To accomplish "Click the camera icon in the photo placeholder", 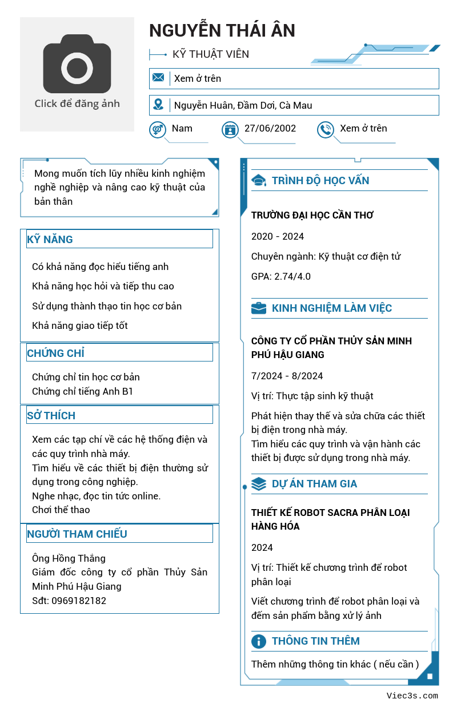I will tap(77, 67).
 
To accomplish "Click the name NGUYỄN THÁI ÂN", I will tap(222, 30).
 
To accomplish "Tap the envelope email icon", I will tap(158, 78).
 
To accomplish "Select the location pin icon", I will tap(158, 105).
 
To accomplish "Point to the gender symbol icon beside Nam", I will tap(157, 130).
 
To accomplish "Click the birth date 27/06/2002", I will tap(270, 128).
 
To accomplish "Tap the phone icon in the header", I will tap(325, 130).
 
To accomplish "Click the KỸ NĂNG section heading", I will tap(50, 239).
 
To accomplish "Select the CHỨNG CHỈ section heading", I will tap(56, 353).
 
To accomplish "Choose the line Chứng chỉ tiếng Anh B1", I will tap(82, 391).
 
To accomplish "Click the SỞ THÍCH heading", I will tap(51, 415).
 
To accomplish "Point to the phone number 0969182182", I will tap(79, 601).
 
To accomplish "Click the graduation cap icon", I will tap(259, 181).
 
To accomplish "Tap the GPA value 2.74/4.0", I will tap(292, 276).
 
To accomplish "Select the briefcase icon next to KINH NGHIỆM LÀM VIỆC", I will tap(259, 308).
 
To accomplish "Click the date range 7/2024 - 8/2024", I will tap(287, 376).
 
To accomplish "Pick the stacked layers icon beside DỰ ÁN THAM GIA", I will tap(259, 484).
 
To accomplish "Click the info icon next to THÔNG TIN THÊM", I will tap(259, 641).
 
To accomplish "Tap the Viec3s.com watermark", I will tap(412, 696).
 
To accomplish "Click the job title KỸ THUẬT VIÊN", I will tap(211, 54).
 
